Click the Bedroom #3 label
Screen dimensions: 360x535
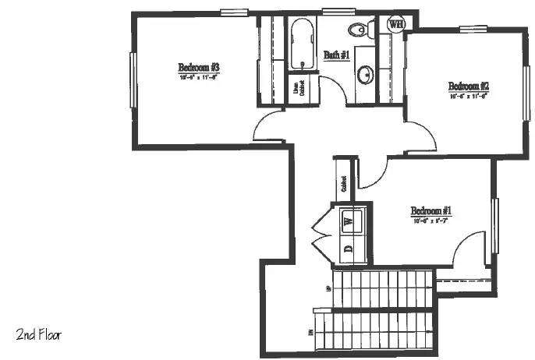(x=197, y=66)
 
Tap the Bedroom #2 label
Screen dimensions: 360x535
(x=468, y=86)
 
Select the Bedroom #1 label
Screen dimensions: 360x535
(x=430, y=210)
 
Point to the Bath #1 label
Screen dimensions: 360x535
(x=336, y=55)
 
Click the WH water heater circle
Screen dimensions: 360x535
(x=396, y=24)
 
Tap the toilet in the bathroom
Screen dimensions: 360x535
(x=358, y=30)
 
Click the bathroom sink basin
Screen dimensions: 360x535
(x=364, y=75)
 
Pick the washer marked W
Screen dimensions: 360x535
(x=349, y=221)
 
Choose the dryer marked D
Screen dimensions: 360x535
(x=349, y=249)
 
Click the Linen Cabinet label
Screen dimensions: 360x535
(x=299, y=89)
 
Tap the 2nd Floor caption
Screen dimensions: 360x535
(x=38, y=335)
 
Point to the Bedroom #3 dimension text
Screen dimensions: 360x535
(x=197, y=77)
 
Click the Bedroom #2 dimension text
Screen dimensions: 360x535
(x=468, y=97)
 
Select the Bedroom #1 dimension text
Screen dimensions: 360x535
(x=430, y=221)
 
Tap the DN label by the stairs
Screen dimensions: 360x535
(x=310, y=333)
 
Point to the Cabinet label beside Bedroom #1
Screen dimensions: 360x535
(x=343, y=184)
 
